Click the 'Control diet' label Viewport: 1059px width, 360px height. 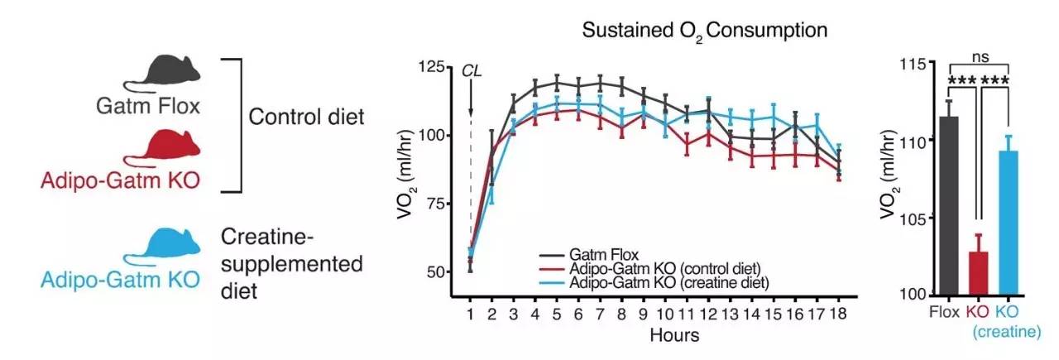pos(307,116)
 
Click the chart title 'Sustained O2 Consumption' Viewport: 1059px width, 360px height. pos(704,32)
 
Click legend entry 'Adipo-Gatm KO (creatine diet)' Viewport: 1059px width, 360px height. pos(668,282)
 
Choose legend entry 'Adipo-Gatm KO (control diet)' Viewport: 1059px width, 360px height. pos(664,268)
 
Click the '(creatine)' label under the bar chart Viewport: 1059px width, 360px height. pos(1005,333)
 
